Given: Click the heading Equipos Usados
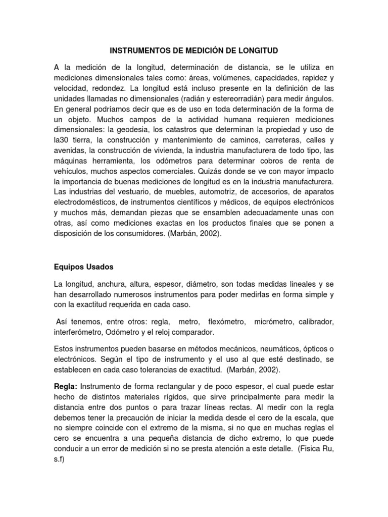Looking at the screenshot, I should click(84, 266).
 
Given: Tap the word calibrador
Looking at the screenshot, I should click(316, 322).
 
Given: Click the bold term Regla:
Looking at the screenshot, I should click(65, 387).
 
